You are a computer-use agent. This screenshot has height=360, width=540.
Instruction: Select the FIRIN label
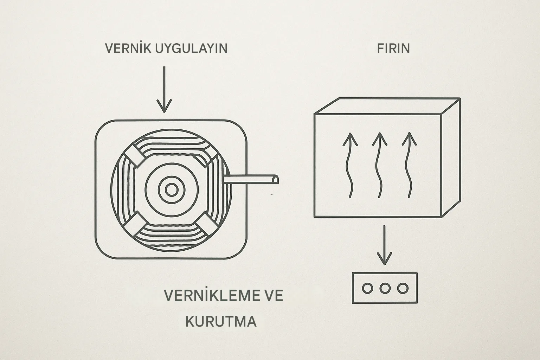(x=393, y=48)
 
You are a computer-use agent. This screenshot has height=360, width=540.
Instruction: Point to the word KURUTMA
(x=221, y=322)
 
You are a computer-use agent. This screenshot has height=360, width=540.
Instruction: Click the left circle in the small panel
(x=367, y=288)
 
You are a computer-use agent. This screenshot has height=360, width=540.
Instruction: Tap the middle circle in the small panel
(x=385, y=288)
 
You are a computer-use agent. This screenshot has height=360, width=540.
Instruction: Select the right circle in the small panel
(x=403, y=288)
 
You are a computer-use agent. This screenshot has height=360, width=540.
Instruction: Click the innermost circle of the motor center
(x=172, y=190)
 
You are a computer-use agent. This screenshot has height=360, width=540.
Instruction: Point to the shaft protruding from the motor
(x=253, y=179)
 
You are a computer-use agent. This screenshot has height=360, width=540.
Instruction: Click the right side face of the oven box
(x=451, y=158)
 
